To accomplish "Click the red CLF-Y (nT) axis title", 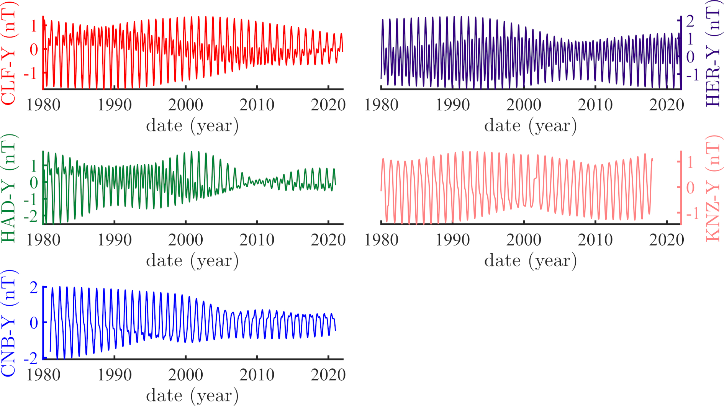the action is tap(8, 53).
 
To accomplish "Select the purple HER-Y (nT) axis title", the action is tap(713, 53).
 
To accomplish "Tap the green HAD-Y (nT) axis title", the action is tap(8, 188).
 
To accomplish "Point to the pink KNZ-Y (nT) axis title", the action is tap(713, 188).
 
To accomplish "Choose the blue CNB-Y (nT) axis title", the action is tap(8, 324).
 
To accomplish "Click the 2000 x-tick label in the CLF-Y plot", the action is tap(186, 105).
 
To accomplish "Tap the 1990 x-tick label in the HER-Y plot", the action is tap(452, 105).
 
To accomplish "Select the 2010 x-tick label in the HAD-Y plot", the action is tap(257, 240).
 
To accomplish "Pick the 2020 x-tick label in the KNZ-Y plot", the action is tap(667, 240).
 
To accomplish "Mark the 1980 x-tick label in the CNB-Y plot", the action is tap(43, 375).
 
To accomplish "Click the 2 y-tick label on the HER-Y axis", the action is tap(690, 21).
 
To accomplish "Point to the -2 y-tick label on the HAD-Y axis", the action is tap(31, 217).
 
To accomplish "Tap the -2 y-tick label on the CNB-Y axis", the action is tap(31, 359).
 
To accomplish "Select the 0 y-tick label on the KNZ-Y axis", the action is tap(690, 188).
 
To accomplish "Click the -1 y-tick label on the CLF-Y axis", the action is tap(31, 73).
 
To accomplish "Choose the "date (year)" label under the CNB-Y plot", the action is tap(192, 395).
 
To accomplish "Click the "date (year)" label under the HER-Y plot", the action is tap(531, 126).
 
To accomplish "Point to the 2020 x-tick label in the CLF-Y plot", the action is tap(328, 105).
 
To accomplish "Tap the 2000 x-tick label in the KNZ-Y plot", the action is tap(524, 240).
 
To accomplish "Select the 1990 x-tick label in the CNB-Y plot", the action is tap(115, 375).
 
